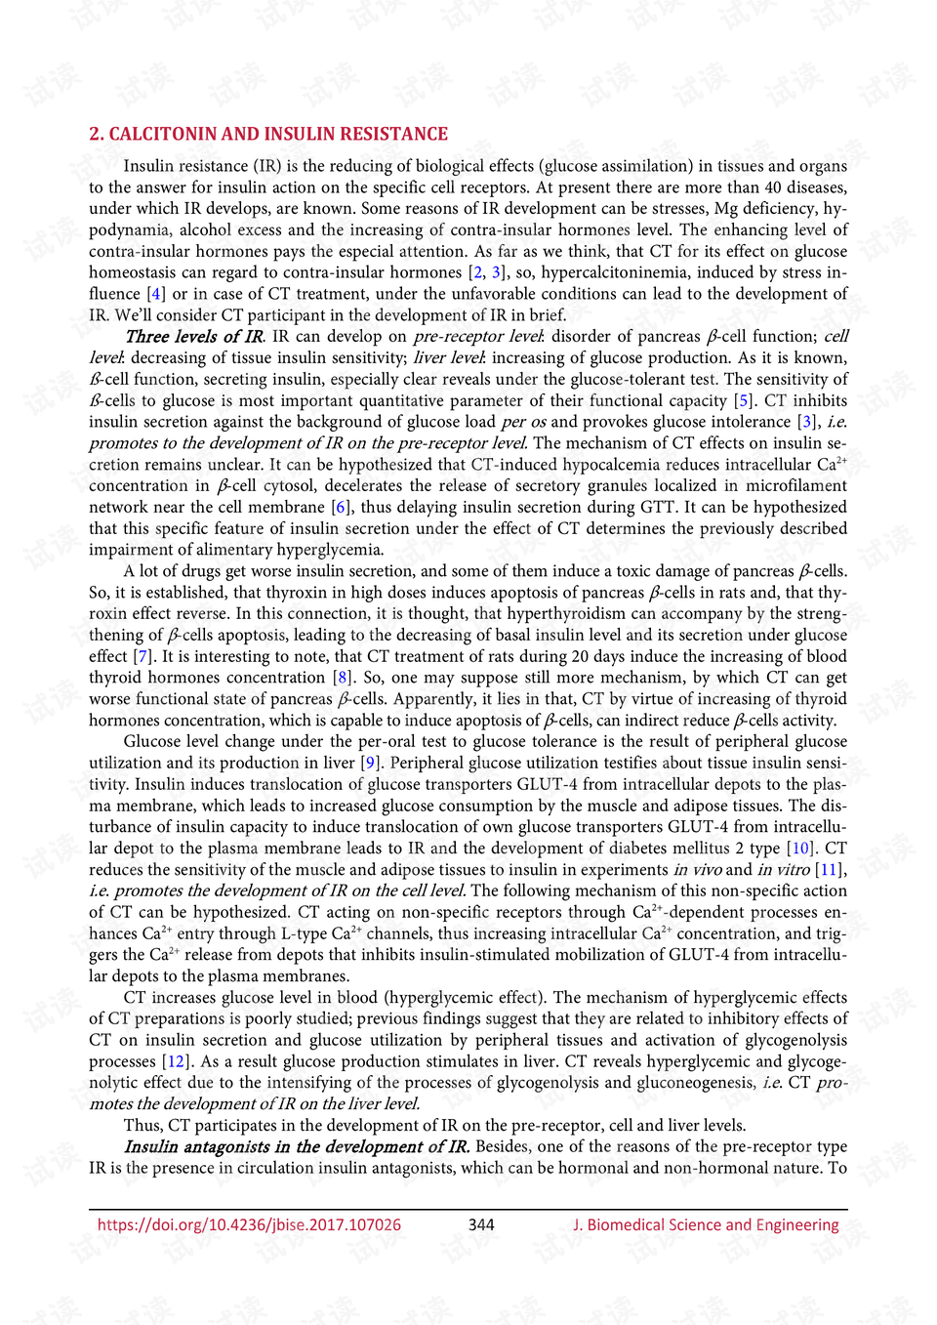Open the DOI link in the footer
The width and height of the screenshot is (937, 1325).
(x=249, y=1224)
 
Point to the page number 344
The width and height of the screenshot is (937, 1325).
(x=481, y=1224)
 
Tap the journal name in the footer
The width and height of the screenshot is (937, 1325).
(x=706, y=1224)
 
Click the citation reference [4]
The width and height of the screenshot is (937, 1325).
(x=155, y=294)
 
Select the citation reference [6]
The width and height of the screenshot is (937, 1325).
(x=341, y=507)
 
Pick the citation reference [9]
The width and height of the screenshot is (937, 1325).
(x=370, y=763)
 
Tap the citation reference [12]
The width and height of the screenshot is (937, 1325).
(x=175, y=1061)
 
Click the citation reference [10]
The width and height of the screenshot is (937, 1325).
(x=801, y=849)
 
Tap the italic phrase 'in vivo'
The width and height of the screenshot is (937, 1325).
(x=697, y=870)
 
